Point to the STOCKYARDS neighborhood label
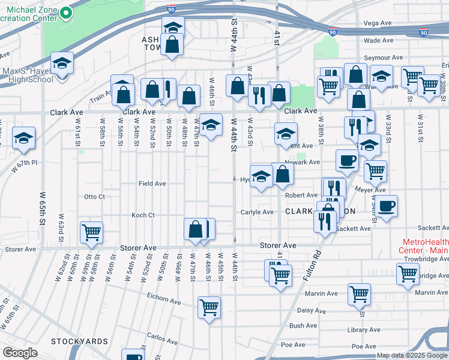pyautogui.click(x=79, y=341)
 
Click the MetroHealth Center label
pyautogui.click(x=424, y=245)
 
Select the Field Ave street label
pyautogui.click(x=152, y=184)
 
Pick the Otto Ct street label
pyautogui.click(x=94, y=197)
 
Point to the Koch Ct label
pyautogui.click(x=143, y=215)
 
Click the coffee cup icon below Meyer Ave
pyautogui.click(x=387, y=206)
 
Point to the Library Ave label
pyautogui.click(x=365, y=330)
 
